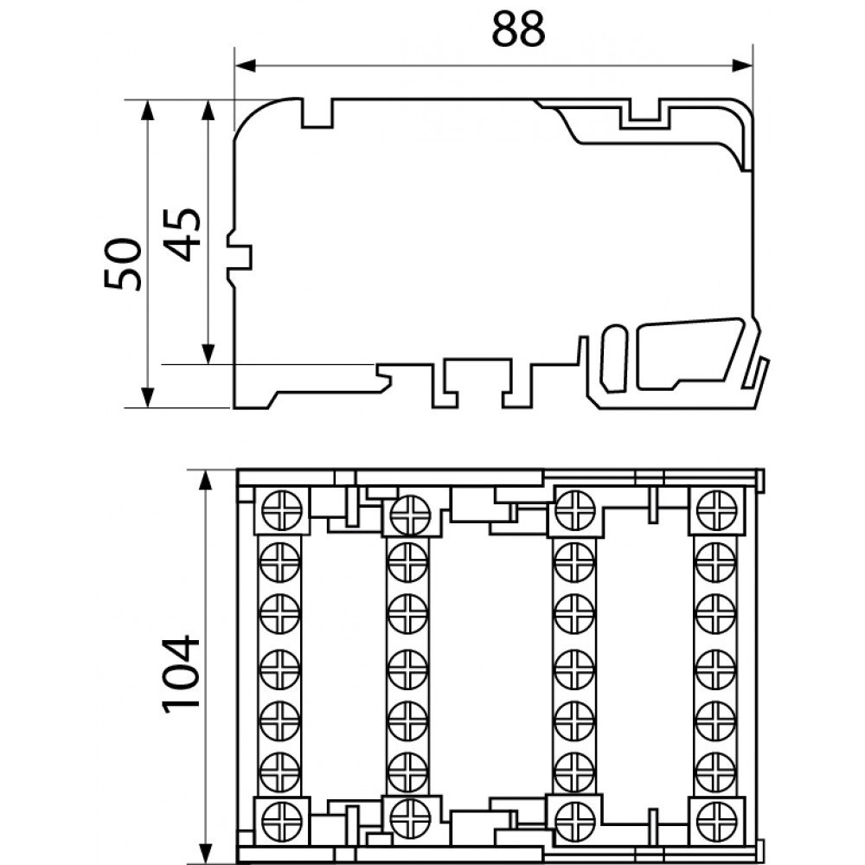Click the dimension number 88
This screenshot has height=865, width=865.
(518, 29)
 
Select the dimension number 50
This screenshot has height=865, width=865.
(123, 264)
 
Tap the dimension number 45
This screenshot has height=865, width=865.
(183, 234)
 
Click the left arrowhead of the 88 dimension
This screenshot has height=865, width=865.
(246, 66)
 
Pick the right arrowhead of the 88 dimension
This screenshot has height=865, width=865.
(742, 66)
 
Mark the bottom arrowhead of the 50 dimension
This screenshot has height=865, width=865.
(147, 397)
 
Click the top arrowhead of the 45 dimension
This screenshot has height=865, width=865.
(208, 111)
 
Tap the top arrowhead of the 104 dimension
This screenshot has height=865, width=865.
(205, 480)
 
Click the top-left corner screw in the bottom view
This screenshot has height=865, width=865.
(281, 510)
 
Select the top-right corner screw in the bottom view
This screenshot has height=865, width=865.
(716, 510)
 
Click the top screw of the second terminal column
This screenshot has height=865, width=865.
(409, 515)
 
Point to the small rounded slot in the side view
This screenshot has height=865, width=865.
(614, 359)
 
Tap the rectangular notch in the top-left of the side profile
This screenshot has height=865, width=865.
(317, 113)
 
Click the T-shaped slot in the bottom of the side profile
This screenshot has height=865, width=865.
(479, 382)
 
